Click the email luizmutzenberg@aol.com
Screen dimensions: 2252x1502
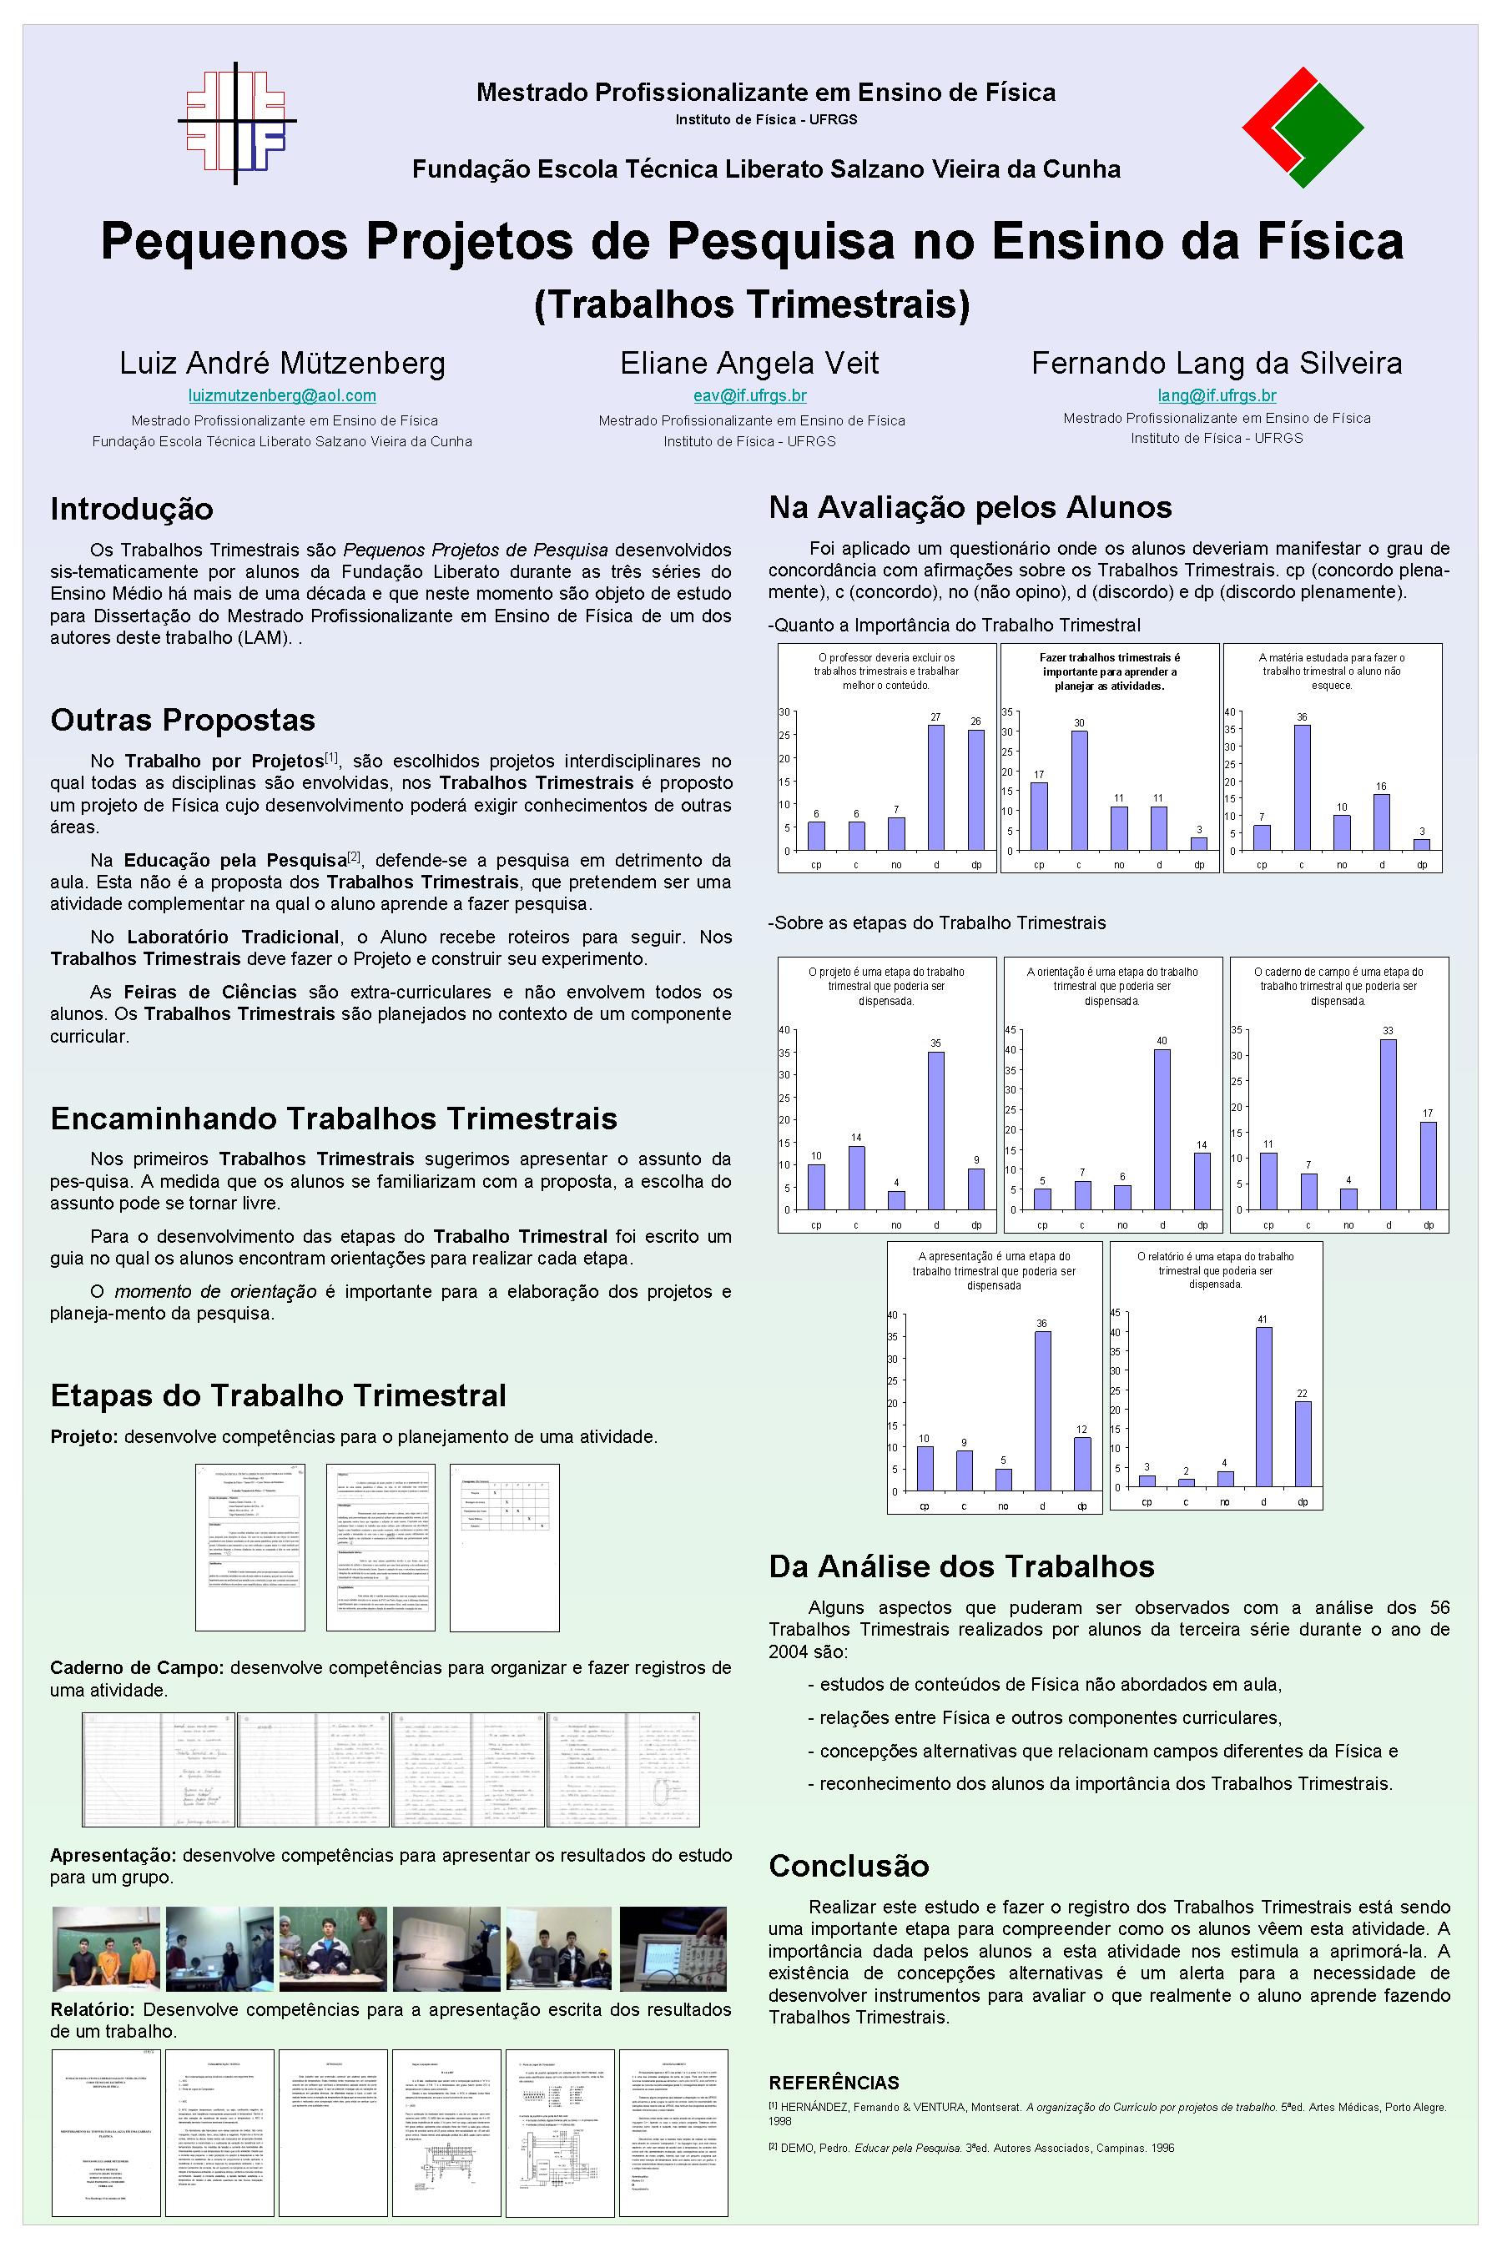282,395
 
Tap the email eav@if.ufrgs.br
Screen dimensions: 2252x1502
750,395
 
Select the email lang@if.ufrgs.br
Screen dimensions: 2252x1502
1217,395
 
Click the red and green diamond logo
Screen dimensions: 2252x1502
1303,128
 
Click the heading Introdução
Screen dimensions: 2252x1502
131,509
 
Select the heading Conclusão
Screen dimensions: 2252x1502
849,1865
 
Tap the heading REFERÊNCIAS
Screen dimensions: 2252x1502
834,2083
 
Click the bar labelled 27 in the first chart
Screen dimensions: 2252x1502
936,787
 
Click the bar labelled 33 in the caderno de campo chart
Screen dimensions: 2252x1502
1388,1124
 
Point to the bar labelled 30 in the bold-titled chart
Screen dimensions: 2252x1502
1079,790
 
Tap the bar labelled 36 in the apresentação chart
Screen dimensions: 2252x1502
1042,1410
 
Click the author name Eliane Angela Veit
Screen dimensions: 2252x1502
749,363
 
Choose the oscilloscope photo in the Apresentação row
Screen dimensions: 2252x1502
673,1948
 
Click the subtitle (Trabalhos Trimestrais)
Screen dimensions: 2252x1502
751,304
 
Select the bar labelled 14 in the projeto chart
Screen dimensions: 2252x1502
856,1178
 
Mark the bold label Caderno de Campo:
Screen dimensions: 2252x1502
137,1667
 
